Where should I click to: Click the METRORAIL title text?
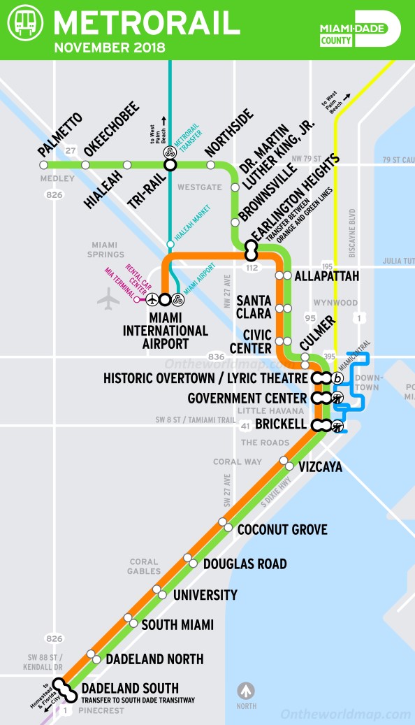click(x=147, y=23)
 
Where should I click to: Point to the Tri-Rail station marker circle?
click(x=169, y=165)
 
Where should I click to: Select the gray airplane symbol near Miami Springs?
click(x=109, y=299)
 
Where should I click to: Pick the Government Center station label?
click(x=247, y=399)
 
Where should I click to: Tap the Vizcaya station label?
click(x=320, y=466)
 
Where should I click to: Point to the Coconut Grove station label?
click(x=282, y=529)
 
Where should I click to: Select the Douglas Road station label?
click(x=245, y=564)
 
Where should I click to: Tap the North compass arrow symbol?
click(x=246, y=691)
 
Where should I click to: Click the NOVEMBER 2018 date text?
click(x=110, y=48)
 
